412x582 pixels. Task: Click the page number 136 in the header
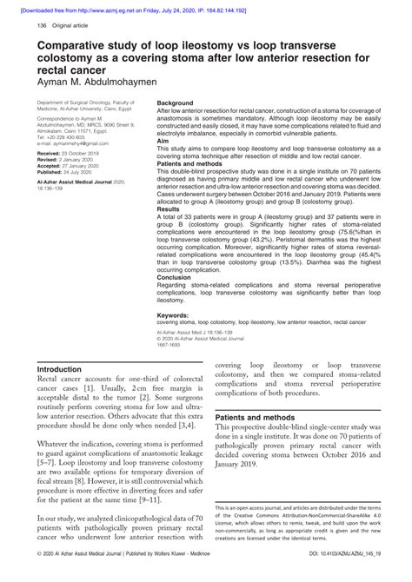pos(41,27)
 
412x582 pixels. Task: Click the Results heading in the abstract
pos(168,209)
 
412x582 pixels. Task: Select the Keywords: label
pos(174,315)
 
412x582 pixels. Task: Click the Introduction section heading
pos(65,369)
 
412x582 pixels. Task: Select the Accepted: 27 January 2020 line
pos(70,166)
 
